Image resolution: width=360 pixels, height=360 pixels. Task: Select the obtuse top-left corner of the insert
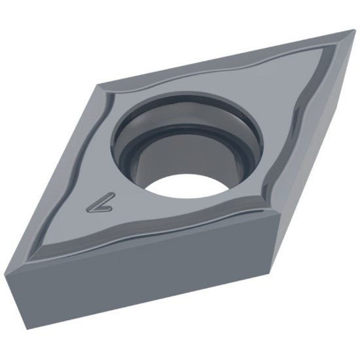[99, 83]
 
